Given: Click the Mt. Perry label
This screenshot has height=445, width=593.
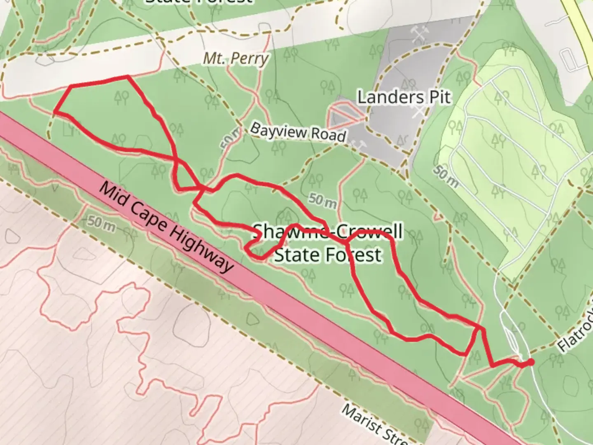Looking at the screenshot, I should click(x=236, y=59).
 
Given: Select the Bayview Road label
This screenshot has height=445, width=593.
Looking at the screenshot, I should click(x=297, y=132).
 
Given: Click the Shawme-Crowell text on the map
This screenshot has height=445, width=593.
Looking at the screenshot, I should click(x=327, y=232).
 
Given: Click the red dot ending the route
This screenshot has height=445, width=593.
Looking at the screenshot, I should click(x=531, y=362).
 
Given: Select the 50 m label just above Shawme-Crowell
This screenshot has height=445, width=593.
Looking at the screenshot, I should click(x=323, y=201).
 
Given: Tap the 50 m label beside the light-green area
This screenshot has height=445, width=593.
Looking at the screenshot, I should click(x=445, y=177).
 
